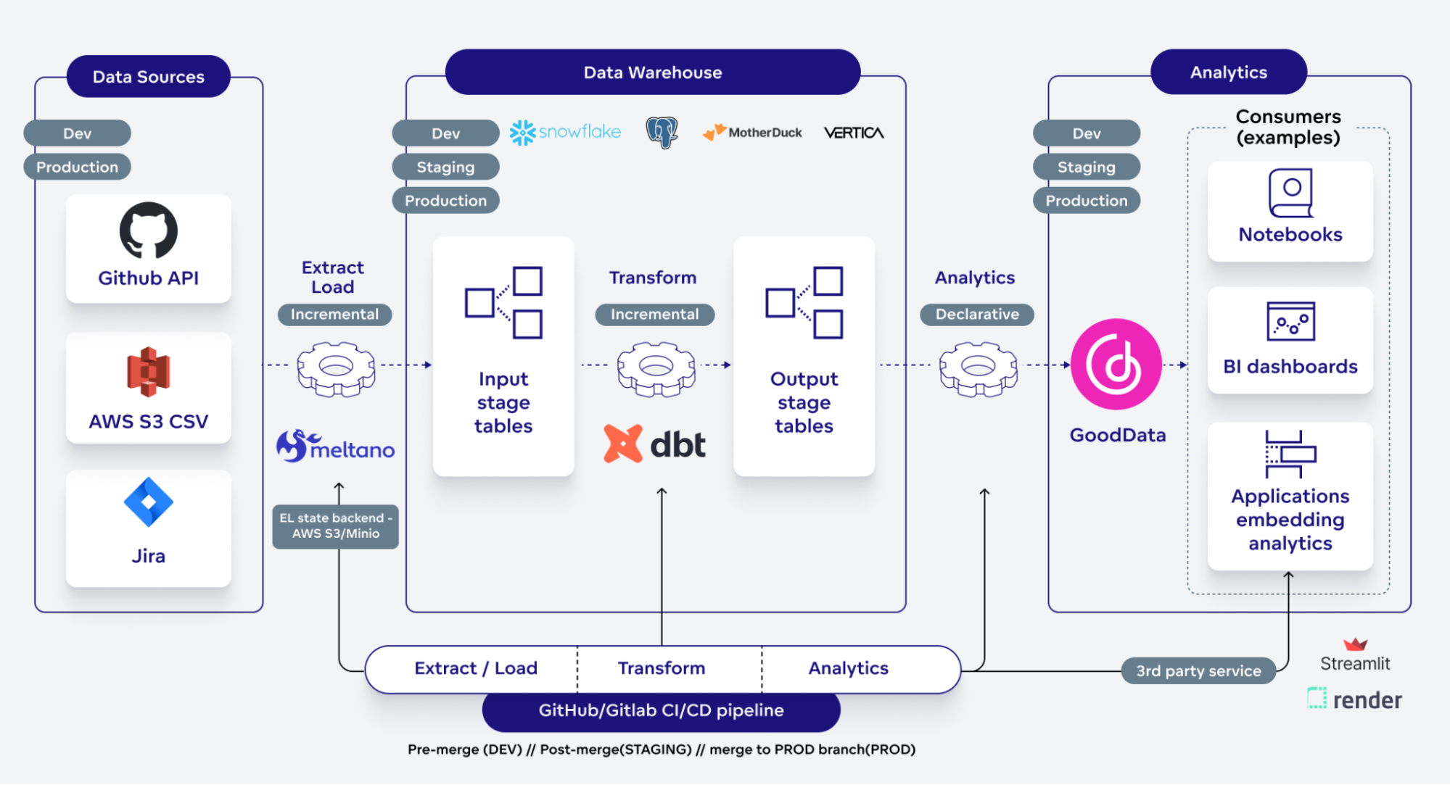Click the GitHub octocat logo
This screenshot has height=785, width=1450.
point(148,230)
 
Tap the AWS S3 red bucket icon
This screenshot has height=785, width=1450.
point(148,372)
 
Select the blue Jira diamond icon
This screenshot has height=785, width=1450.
point(148,502)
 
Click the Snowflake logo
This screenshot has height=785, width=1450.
point(565,132)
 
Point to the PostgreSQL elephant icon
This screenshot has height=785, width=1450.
point(662,132)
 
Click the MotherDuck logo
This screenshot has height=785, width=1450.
point(752,132)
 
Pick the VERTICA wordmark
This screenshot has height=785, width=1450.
point(854,133)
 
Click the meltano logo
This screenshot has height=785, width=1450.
point(335,447)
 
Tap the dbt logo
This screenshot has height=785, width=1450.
point(654,444)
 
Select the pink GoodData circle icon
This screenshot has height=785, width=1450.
point(1116,364)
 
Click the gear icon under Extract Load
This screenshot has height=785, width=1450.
point(336,369)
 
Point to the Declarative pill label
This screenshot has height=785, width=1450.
point(976,315)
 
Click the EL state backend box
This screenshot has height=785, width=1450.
point(335,526)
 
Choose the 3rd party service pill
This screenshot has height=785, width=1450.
point(1198,671)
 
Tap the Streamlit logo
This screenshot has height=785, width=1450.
point(1354,655)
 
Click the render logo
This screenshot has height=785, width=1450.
point(1354,699)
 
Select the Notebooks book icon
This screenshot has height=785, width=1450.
point(1290,193)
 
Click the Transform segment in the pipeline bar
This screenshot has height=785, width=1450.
point(661,668)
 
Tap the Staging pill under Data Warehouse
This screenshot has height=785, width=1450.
point(445,167)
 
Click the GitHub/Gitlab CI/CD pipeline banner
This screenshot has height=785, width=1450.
point(661,710)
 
